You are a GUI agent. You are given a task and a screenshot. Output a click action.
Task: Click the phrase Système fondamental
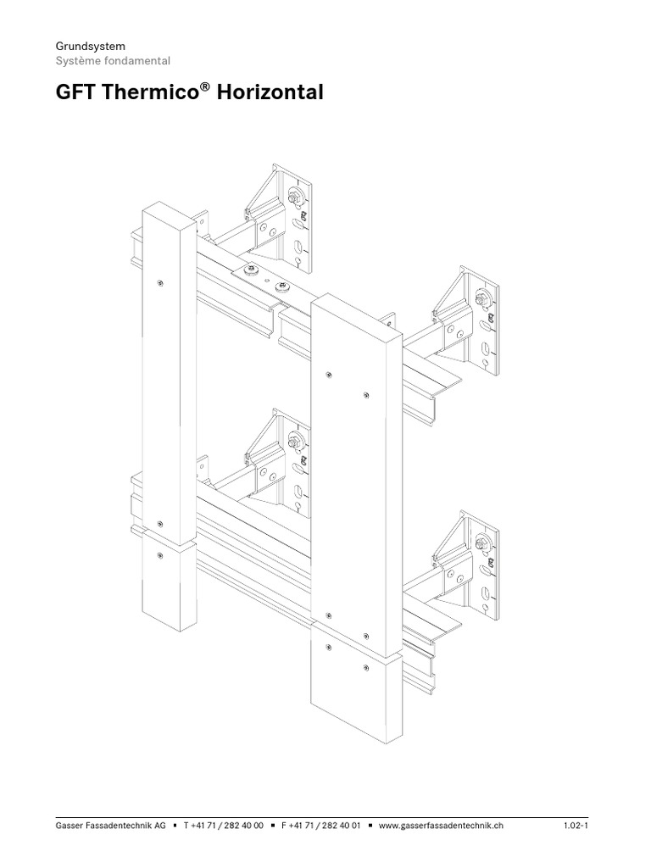coord(113,61)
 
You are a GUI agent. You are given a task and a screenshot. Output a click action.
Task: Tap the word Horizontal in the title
coord(270,92)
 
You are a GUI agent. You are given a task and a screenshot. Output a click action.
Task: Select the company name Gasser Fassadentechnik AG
coord(110,825)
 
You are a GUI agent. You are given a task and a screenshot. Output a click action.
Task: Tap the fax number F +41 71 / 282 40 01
coord(321,825)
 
